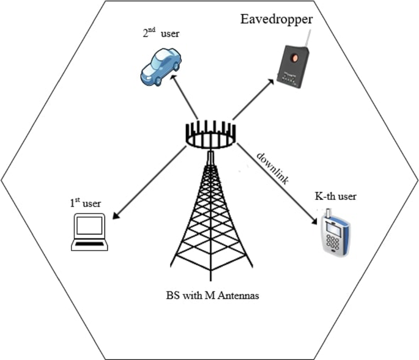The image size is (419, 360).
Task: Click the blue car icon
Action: tap(161, 66)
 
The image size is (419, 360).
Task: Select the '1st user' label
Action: tap(86, 202)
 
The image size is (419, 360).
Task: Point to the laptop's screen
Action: tap(89, 228)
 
